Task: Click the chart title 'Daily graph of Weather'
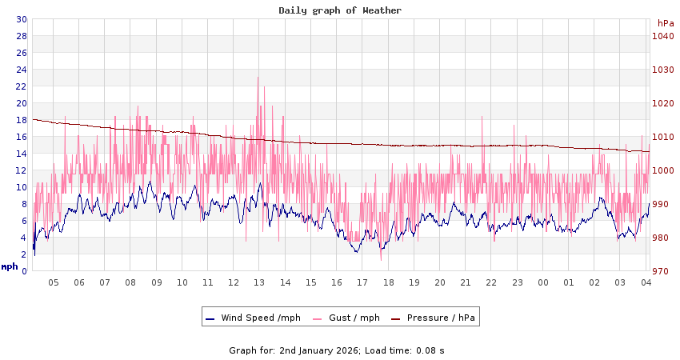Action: tap(340, 10)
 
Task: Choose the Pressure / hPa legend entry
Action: tap(441, 318)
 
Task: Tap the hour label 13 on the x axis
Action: tap(259, 282)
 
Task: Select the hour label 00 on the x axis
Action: tap(543, 282)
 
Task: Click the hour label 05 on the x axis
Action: tap(54, 282)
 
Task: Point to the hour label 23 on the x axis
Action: tap(518, 282)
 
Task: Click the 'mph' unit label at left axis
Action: tap(10, 266)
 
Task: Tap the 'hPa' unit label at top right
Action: tap(666, 23)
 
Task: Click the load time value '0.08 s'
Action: tap(430, 350)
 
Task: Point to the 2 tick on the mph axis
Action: tap(24, 254)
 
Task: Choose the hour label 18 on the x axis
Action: tap(389, 282)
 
